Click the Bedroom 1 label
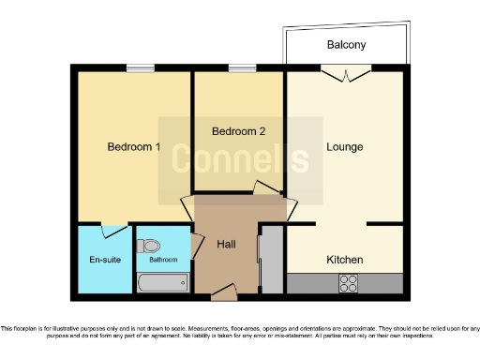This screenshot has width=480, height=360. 133,147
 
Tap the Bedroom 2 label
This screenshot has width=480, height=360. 238,131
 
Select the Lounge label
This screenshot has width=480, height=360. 344,147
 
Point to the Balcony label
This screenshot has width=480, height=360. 346,45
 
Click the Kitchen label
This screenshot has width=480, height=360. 344,259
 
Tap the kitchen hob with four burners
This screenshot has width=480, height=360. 350,282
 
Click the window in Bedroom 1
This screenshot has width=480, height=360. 141,67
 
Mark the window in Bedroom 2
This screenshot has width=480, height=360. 242,67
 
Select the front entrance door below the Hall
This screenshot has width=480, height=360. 223,295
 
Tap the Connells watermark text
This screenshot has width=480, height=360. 239,159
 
